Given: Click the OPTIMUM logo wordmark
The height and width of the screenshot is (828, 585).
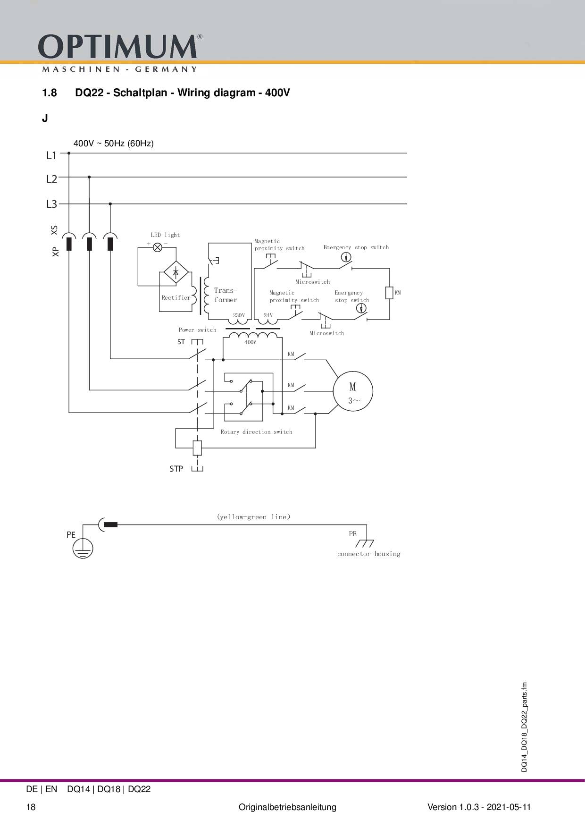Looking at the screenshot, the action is tap(117, 47).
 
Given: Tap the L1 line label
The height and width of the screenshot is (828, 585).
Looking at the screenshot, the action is tap(51, 155).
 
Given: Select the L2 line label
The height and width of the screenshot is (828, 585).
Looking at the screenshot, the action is tap(51, 179).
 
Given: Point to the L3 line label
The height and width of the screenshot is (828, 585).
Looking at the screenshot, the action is tap(51, 204).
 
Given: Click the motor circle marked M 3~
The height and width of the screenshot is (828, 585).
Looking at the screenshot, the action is tap(353, 391).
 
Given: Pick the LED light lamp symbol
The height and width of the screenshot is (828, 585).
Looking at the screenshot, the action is tap(158, 247).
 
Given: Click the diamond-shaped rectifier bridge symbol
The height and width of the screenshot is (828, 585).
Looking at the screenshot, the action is tap(176, 273).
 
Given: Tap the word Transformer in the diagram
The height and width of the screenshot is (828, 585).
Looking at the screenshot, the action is tap(226, 295).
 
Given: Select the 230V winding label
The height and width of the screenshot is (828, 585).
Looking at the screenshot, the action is tap(239, 315).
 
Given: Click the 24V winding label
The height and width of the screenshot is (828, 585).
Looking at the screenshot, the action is tap(268, 315).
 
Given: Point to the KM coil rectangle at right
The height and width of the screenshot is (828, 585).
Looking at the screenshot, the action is tap(389, 293).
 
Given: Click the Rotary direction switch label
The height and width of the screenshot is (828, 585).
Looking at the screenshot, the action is tap(256, 432).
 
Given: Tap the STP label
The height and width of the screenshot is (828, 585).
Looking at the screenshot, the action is tap(176, 469).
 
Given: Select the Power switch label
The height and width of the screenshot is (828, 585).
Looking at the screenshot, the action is tap(197, 330).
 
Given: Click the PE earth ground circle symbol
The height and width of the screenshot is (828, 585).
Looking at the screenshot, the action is tap(83, 549).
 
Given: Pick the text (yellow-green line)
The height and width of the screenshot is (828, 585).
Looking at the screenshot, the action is tap(254, 517).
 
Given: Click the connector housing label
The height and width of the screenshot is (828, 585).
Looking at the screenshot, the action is tap(368, 554).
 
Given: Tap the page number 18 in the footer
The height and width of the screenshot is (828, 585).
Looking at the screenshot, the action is tap(31, 807).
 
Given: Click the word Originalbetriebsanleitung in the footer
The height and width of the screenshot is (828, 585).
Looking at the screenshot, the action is tap(287, 807).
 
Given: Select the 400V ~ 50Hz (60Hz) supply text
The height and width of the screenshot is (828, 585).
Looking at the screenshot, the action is tap(114, 144).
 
